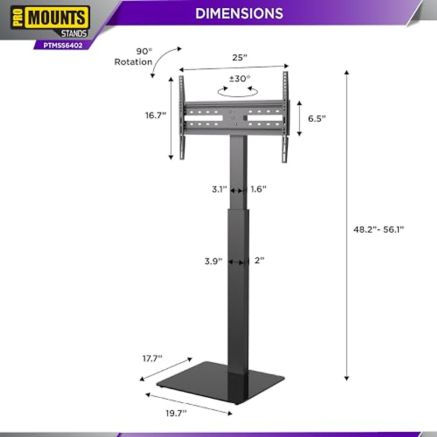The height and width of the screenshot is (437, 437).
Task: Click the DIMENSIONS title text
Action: click(x=239, y=13)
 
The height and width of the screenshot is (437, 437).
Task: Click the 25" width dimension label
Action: click(x=240, y=58)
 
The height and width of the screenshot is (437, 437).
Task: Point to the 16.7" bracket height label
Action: click(x=155, y=115)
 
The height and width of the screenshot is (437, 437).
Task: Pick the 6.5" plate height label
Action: click(x=317, y=119)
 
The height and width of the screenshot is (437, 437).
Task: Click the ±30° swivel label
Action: click(x=240, y=79)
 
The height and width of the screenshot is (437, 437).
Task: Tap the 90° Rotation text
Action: click(x=134, y=57)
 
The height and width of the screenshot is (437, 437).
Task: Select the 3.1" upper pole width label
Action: click(x=219, y=189)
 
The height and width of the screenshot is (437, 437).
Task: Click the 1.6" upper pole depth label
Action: click(x=259, y=189)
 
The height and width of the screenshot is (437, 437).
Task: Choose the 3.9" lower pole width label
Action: click(x=213, y=261)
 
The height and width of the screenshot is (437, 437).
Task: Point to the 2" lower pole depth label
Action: click(x=259, y=260)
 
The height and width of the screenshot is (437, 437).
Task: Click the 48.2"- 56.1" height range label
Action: click(x=379, y=229)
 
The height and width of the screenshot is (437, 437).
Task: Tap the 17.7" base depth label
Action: click(x=152, y=359)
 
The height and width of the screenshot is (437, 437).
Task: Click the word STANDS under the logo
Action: click(x=74, y=34)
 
